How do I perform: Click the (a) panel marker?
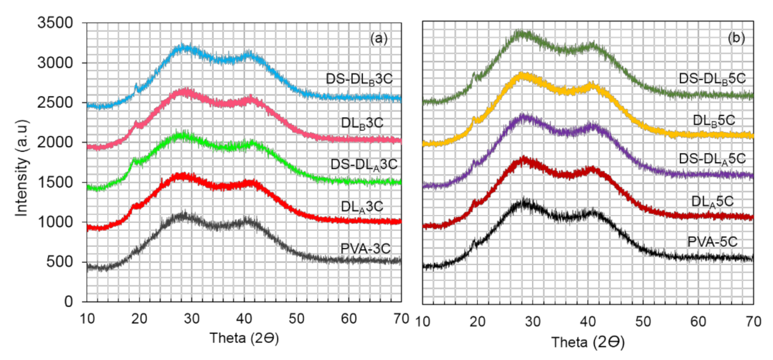[x=378, y=39]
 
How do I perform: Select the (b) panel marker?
[x=736, y=39]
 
